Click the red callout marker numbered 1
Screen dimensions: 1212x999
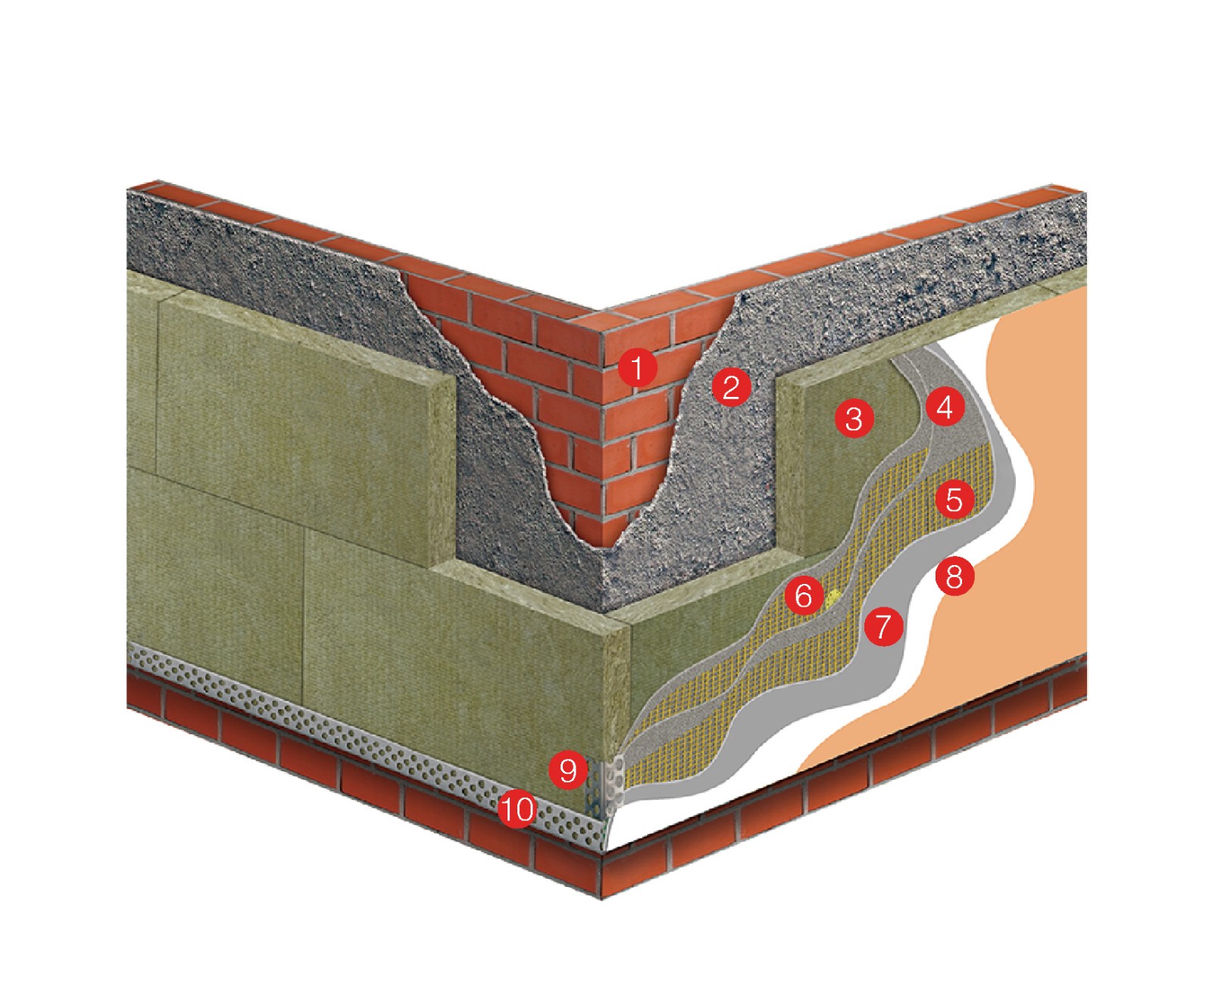[x=637, y=368]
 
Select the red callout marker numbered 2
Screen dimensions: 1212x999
[x=731, y=387]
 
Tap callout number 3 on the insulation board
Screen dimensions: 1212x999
[x=854, y=417]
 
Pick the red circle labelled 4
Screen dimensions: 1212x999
[x=945, y=407]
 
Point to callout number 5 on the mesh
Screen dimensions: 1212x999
[x=954, y=499]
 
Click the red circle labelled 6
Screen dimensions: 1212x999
[x=804, y=595]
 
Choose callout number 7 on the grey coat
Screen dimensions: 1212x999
[x=882, y=626]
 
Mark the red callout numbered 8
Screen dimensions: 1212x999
[x=954, y=577]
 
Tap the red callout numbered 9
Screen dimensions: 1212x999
[x=568, y=770]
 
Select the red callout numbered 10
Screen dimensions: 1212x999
[x=518, y=810]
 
